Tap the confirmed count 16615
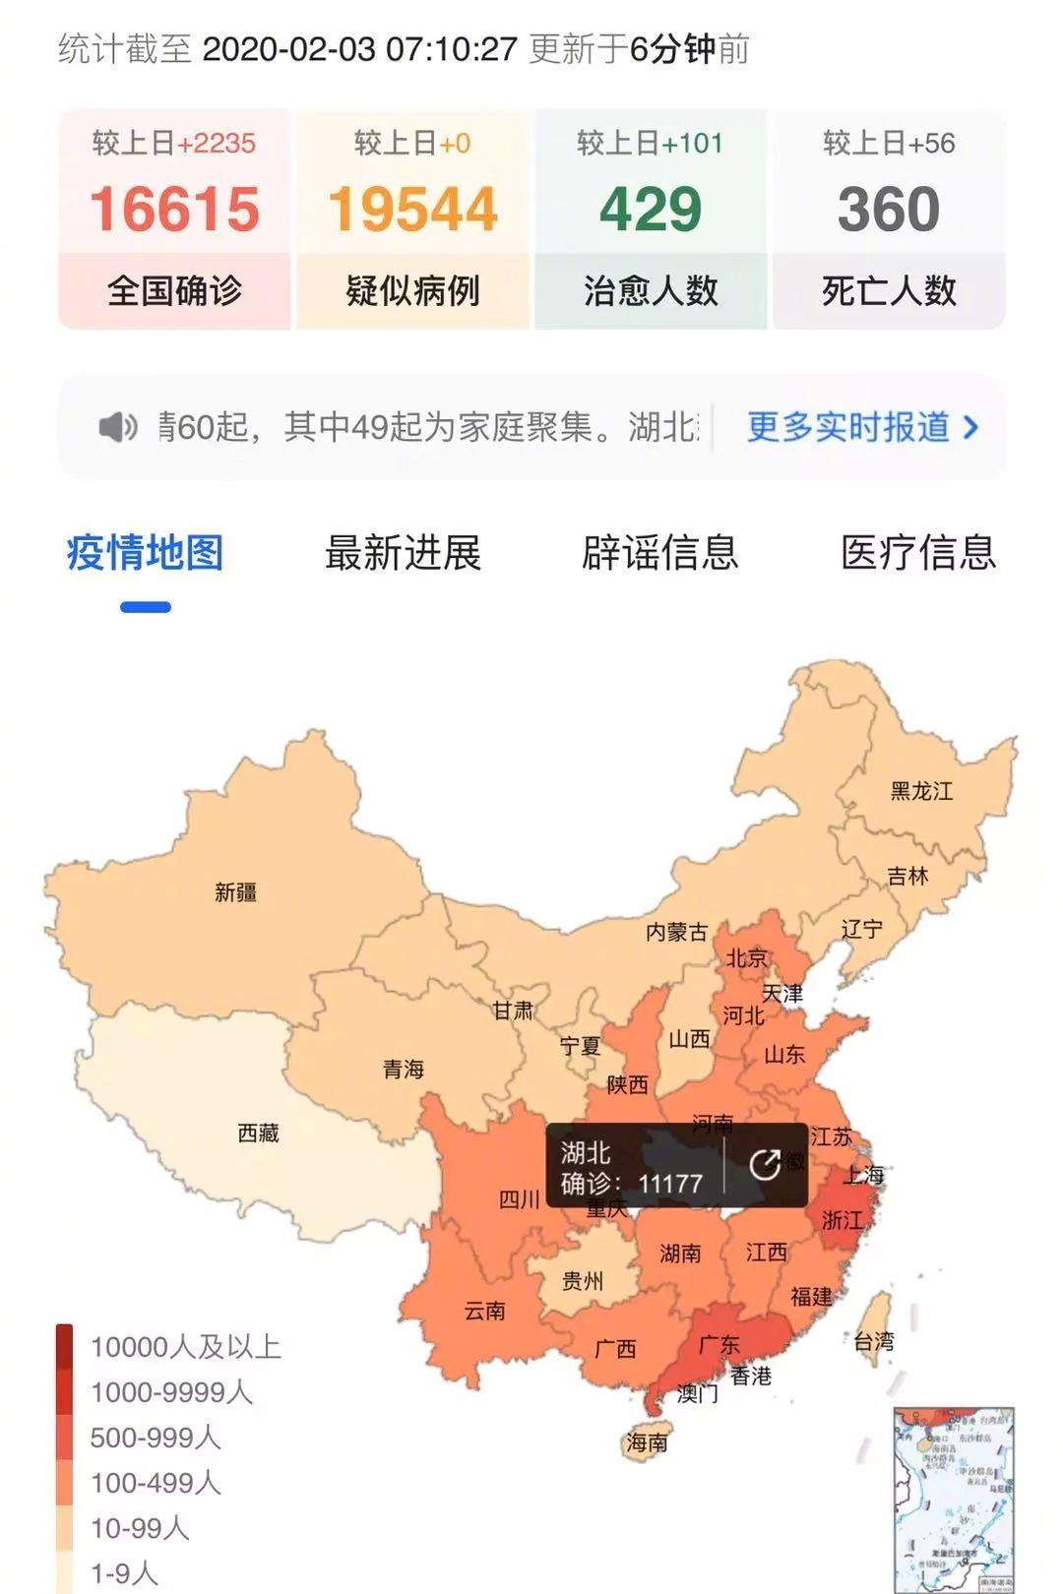click(175, 210)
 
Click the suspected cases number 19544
click(413, 210)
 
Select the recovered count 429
click(651, 210)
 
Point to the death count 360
click(889, 210)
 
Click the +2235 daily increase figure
click(217, 144)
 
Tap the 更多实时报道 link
click(862, 427)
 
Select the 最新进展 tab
click(403, 553)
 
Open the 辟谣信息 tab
click(659, 553)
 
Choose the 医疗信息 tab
click(918, 553)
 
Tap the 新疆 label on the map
click(236, 892)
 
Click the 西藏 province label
click(258, 1134)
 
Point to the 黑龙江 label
click(921, 791)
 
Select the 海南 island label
click(647, 1443)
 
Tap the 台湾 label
click(873, 1341)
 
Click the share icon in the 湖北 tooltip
click(765, 1165)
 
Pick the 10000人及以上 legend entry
click(185, 1347)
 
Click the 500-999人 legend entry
click(155, 1438)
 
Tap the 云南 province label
click(484, 1311)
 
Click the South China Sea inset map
click(953, 1496)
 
